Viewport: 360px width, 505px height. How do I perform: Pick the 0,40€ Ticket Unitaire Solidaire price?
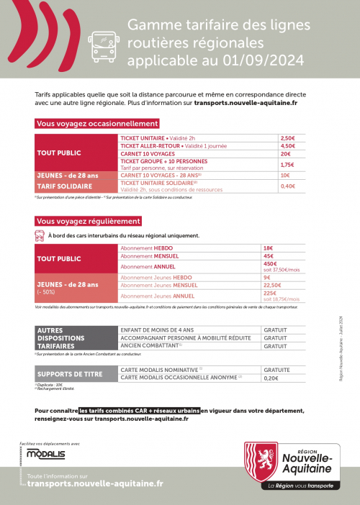(287, 186)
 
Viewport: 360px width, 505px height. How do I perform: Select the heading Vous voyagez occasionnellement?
(97, 124)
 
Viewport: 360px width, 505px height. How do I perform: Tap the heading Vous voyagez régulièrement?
(88, 221)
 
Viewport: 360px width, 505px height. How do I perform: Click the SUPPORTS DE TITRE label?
(70, 374)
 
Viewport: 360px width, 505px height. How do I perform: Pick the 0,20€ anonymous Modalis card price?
(271, 378)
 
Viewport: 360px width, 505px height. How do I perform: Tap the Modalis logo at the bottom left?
(45, 454)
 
